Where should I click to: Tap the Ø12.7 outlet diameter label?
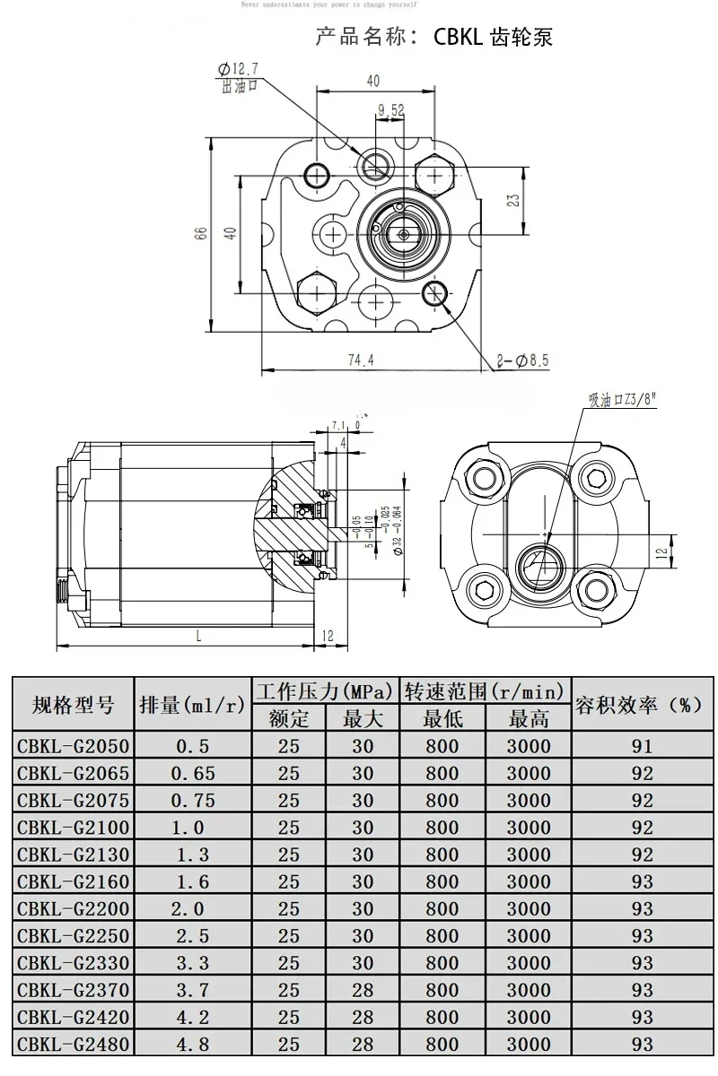[238, 69]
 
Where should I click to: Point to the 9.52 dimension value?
[392, 110]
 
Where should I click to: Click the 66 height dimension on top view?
[202, 232]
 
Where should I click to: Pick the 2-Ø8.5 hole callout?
[523, 361]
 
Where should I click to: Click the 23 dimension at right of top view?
[513, 200]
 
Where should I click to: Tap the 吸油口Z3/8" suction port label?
[623, 399]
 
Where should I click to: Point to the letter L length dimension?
[197, 635]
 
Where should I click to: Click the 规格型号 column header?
[73, 705]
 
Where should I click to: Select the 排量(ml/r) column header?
[192, 705]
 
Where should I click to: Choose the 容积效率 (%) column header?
[638, 705]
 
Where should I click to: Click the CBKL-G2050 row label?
[73, 746]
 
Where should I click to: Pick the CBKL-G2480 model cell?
[73, 1044]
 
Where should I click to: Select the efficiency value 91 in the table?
[642, 746]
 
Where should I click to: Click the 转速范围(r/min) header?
[484, 691]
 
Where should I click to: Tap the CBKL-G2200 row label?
[73, 908]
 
